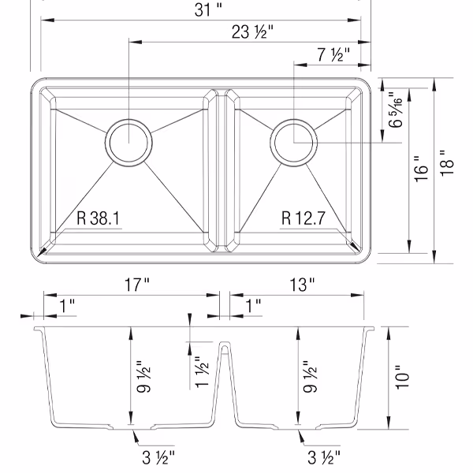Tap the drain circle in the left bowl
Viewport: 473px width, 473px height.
pos(126,143)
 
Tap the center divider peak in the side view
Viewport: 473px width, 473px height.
pos(225,345)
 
